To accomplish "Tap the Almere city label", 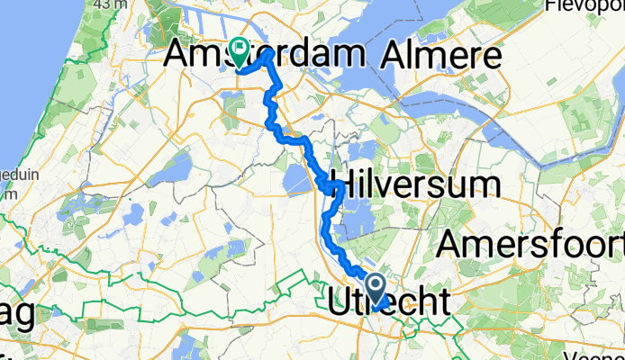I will coord(440,57).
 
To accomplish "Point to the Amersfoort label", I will coord(531,243).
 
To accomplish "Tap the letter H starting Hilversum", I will coord(343,186).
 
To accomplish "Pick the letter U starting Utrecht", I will coord(340,303).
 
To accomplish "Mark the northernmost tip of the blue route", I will coord(270,52).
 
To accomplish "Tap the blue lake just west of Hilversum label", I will coord(297,181).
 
